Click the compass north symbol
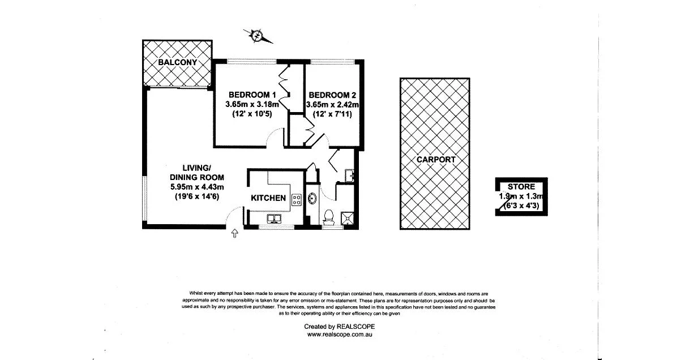258,36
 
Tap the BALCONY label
177,62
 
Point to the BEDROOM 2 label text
333,95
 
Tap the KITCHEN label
268,198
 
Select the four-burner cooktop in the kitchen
295,199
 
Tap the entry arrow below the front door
234,233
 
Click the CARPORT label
435,160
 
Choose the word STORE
521,187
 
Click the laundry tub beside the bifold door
349,175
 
